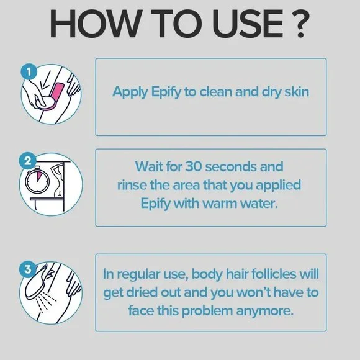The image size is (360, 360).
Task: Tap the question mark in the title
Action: (x=299, y=24)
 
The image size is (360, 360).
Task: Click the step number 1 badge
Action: (x=29, y=72)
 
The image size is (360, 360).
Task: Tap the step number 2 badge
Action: (x=27, y=161)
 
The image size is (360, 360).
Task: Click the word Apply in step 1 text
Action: (x=130, y=92)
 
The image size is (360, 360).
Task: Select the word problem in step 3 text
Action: (x=207, y=312)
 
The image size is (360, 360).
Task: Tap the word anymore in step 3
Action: (x=264, y=312)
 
